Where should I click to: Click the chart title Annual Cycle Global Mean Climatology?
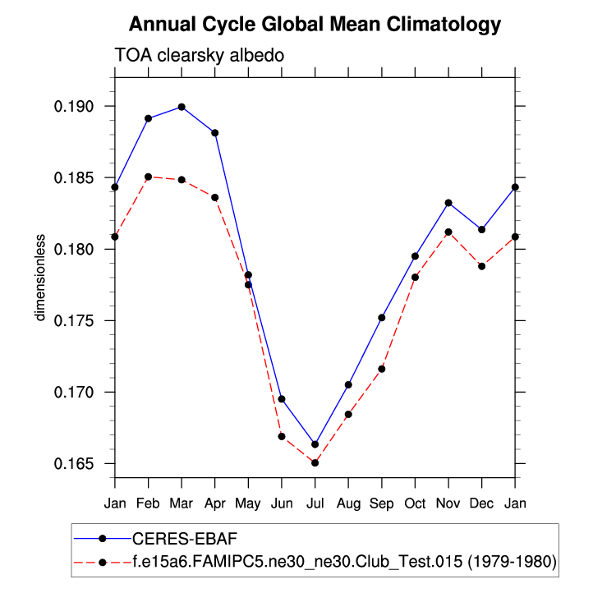pyautogui.click(x=315, y=25)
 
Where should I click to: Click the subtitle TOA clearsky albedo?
pyautogui.click(x=199, y=56)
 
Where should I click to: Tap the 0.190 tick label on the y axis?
pyautogui.click(x=75, y=107)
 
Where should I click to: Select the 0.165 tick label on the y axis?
pyautogui.click(x=75, y=463)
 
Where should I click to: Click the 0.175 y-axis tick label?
pyautogui.click(x=75, y=320)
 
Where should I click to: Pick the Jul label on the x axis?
pyautogui.click(x=315, y=502)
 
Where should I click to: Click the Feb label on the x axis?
pyautogui.click(x=148, y=502)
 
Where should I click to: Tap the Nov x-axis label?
pyautogui.click(x=448, y=502)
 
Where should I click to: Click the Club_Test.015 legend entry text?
pyautogui.click(x=344, y=563)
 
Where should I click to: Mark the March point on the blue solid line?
pyautogui.click(x=182, y=107)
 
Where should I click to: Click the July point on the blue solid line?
pyautogui.click(x=315, y=444)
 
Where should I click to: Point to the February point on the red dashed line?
pyautogui.click(x=148, y=177)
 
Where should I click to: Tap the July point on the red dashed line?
pyautogui.click(x=315, y=462)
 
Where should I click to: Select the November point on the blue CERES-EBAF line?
pyautogui.click(x=448, y=203)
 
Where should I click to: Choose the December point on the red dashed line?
pyautogui.click(x=481, y=266)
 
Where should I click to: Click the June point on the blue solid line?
pyautogui.click(x=282, y=399)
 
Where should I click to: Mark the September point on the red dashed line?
pyautogui.click(x=382, y=369)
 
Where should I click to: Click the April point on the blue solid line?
pyautogui.click(x=215, y=132)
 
